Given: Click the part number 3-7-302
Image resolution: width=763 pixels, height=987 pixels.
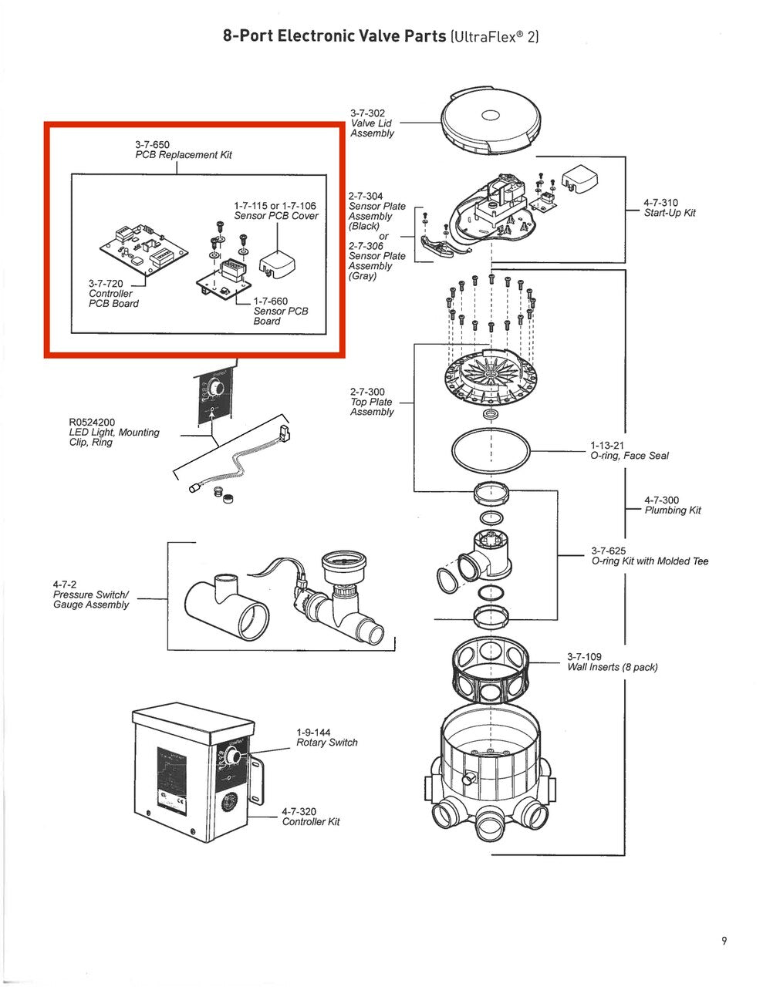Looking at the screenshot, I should (x=367, y=113).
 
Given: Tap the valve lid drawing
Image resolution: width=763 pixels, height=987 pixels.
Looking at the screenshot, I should (x=490, y=118).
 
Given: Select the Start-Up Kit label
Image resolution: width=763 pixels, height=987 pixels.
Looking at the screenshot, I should (x=670, y=213).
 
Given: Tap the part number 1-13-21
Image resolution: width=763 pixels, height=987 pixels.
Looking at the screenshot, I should (x=607, y=446).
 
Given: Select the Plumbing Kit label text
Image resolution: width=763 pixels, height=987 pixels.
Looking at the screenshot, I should (x=673, y=510).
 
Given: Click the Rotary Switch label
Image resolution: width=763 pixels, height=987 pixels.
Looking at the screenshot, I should (x=327, y=743).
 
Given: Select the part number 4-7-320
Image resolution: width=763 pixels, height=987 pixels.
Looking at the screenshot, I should (x=299, y=812).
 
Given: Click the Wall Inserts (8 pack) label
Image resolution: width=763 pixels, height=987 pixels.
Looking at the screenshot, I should (x=613, y=667).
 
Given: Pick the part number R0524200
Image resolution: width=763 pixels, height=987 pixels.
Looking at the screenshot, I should (x=92, y=423).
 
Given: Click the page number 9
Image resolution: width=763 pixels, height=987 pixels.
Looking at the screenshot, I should (x=724, y=940).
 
